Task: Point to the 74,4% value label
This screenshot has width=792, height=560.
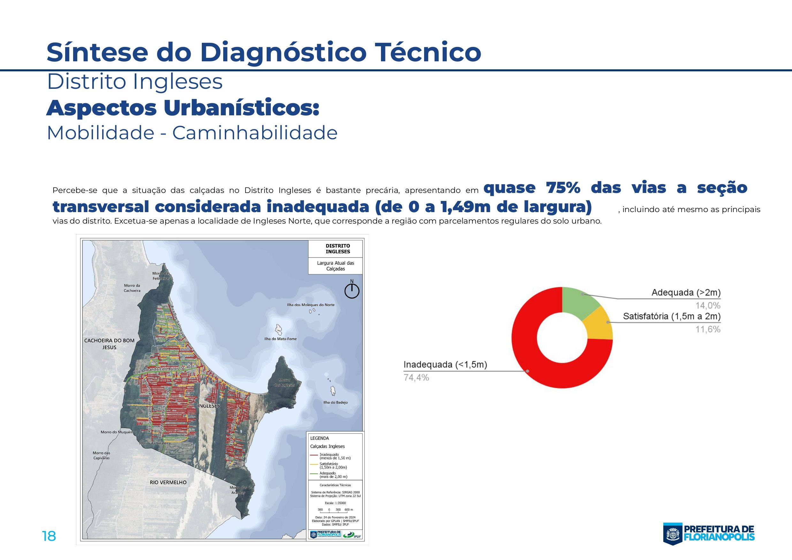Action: click(x=416, y=378)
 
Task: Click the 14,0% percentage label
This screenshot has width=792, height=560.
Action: click(x=708, y=305)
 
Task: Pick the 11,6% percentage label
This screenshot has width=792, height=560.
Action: click(x=708, y=329)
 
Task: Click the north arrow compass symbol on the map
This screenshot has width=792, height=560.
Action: click(x=352, y=291)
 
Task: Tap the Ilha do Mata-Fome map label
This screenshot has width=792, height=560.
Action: click(x=280, y=339)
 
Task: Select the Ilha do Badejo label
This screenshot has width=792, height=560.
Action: click(x=335, y=402)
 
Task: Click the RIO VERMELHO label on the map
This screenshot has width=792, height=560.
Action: click(x=168, y=482)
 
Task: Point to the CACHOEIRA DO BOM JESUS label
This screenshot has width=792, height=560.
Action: click(x=109, y=344)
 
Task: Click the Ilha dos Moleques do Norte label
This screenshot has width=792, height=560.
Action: click(x=311, y=305)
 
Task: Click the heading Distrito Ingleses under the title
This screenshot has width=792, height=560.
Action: click(x=134, y=82)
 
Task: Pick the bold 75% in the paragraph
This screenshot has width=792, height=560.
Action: click(x=563, y=188)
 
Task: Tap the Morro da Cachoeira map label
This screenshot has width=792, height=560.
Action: click(x=132, y=288)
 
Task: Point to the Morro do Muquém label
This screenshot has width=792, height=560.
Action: click(x=117, y=432)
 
